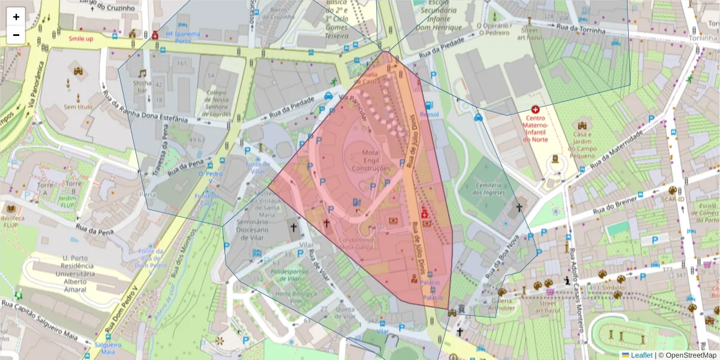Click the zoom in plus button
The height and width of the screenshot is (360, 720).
click(x=16, y=17)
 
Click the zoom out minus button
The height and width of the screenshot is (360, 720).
click(x=16, y=35)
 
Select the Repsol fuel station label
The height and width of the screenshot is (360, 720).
click(x=430, y=114)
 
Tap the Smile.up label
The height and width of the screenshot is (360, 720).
click(x=81, y=38)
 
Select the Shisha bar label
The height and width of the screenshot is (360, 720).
click(x=142, y=86)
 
